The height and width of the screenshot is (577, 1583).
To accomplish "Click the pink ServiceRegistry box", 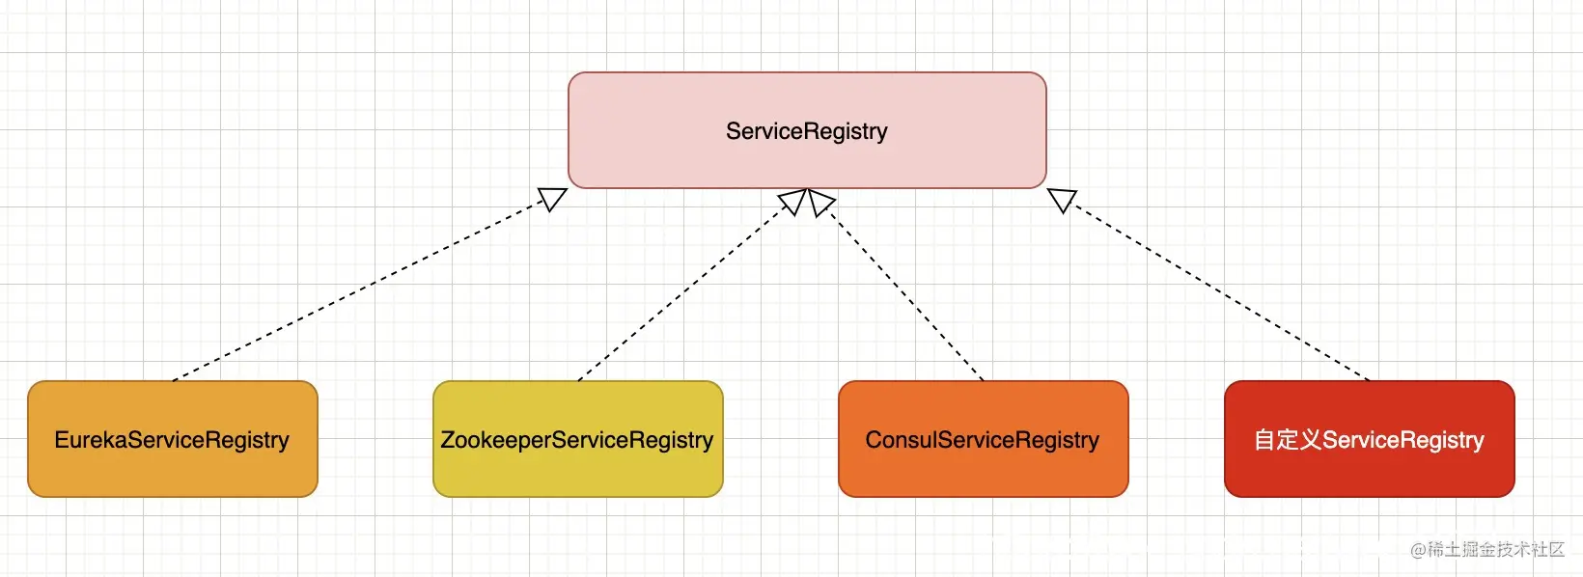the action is pyautogui.click(x=807, y=130).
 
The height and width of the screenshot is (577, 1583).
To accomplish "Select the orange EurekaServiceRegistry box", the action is pyautogui.click(x=173, y=439).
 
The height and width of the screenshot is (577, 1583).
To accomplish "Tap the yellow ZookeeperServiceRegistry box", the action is pyautogui.click(x=578, y=439).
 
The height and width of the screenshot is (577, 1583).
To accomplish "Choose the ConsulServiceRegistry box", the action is pyautogui.click(x=983, y=439).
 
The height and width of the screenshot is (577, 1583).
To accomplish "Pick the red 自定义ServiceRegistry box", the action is pyautogui.click(x=1370, y=439).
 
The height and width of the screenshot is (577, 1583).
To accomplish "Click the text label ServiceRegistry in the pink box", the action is pyautogui.click(x=806, y=131).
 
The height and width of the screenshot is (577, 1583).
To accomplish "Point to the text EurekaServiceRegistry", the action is pyautogui.click(x=172, y=440).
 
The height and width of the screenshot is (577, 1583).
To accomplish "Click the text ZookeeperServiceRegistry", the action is pyautogui.click(x=576, y=440).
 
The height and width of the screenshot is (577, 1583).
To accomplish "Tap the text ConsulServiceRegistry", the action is pyautogui.click(x=983, y=440).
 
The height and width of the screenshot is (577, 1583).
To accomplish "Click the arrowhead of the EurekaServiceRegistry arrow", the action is pyautogui.click(x=553, y=199).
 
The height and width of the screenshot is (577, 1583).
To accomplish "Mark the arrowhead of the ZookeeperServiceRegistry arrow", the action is pyautogui.click(x=792, y=202).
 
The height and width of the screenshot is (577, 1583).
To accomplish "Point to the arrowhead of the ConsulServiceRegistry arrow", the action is pyautogui.click(x=821, y=203).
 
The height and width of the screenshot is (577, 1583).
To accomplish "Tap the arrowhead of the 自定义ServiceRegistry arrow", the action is pyautogui.click(x=1062, y=200).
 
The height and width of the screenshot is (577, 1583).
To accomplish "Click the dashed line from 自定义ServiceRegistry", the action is pyautogui.click(x=1219, y=292).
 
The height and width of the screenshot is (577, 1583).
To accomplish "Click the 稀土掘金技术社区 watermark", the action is pyautogui.click(x=1495, y=549).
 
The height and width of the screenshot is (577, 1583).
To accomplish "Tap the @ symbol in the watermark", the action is pyautogui.click(x=1418, y=550).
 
